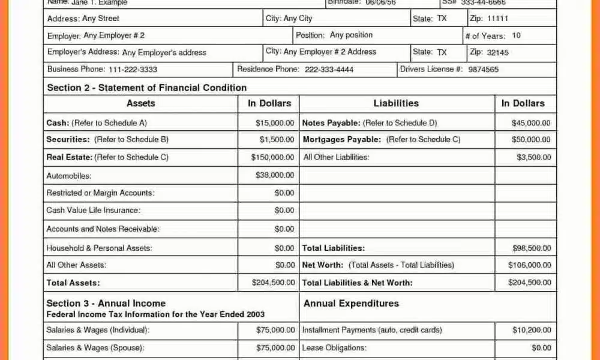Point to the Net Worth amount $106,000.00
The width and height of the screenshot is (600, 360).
pyautogui.click(x=529, y=265)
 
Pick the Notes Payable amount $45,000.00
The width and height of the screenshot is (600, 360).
pyautogui.click(x=531, y=123)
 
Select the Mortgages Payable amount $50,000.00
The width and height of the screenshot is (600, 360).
pyautogui.click(x=531, y=139)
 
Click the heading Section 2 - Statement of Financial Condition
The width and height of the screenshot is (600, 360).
pyautogui.click(x=147, y=88)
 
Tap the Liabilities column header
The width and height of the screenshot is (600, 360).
pyautogui.click(x=396, y=103)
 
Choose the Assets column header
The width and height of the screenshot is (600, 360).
pyautogui.click(x=141, y=103)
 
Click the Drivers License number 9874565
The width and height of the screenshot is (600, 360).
pyautogui.click(x=483, y=70)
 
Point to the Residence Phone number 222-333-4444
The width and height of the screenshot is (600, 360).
pyautogui.click(x=329, y=70)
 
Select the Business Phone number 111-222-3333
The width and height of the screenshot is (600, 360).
pyautogui.click(x=133, y=70)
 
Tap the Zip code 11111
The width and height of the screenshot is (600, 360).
pyautogui.click(x=497, y=19)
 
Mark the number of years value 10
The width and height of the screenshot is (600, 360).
pyautogui.click(x=516, y=35)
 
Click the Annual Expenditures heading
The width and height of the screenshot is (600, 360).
pyautogui.click(x=351, y=304)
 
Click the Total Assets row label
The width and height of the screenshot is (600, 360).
pyautogui.click(x=73, y=283)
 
